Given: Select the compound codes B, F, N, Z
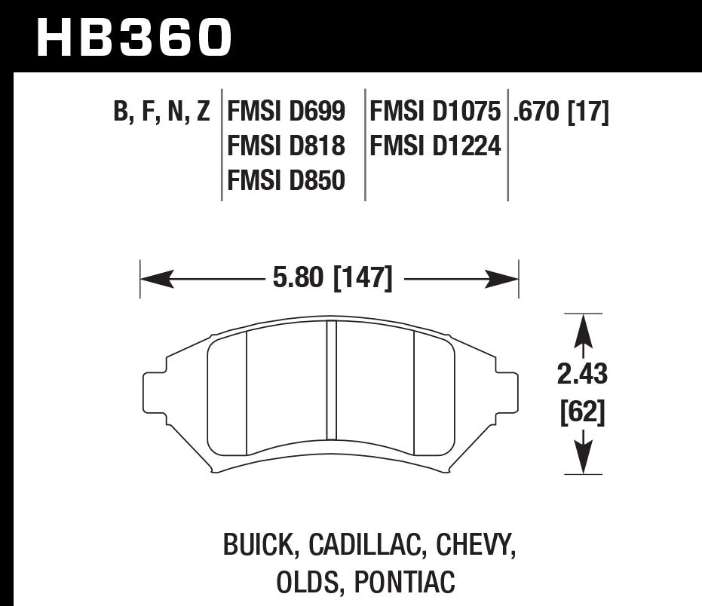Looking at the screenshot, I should (x=161, y=113).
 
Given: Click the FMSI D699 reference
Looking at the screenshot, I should (x=286, y=113).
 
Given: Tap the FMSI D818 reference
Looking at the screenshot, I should (x=286, y=145).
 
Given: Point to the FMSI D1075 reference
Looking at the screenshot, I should (x=435, y=113).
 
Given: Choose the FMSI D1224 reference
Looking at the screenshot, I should (x=435, y=145).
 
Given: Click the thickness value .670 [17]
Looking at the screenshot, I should (x=560, y=113).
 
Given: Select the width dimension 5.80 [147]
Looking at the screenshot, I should (x=332, y=280).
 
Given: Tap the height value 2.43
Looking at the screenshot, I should (x=583, y=374).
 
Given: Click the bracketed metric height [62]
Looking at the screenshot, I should (x=583, y=412).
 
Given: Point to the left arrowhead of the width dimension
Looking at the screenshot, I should (x=152, y=280).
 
